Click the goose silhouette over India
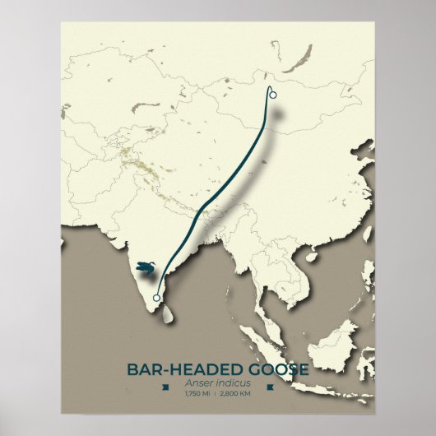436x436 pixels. click(145, 267)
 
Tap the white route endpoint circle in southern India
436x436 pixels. click(157, 298)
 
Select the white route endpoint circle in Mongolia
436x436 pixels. click(272, 95)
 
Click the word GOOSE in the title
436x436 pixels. click(272, 369)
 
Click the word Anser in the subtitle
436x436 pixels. click(204, 383)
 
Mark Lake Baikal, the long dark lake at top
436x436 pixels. click(304, 57)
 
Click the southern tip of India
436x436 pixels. click(152, 304)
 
